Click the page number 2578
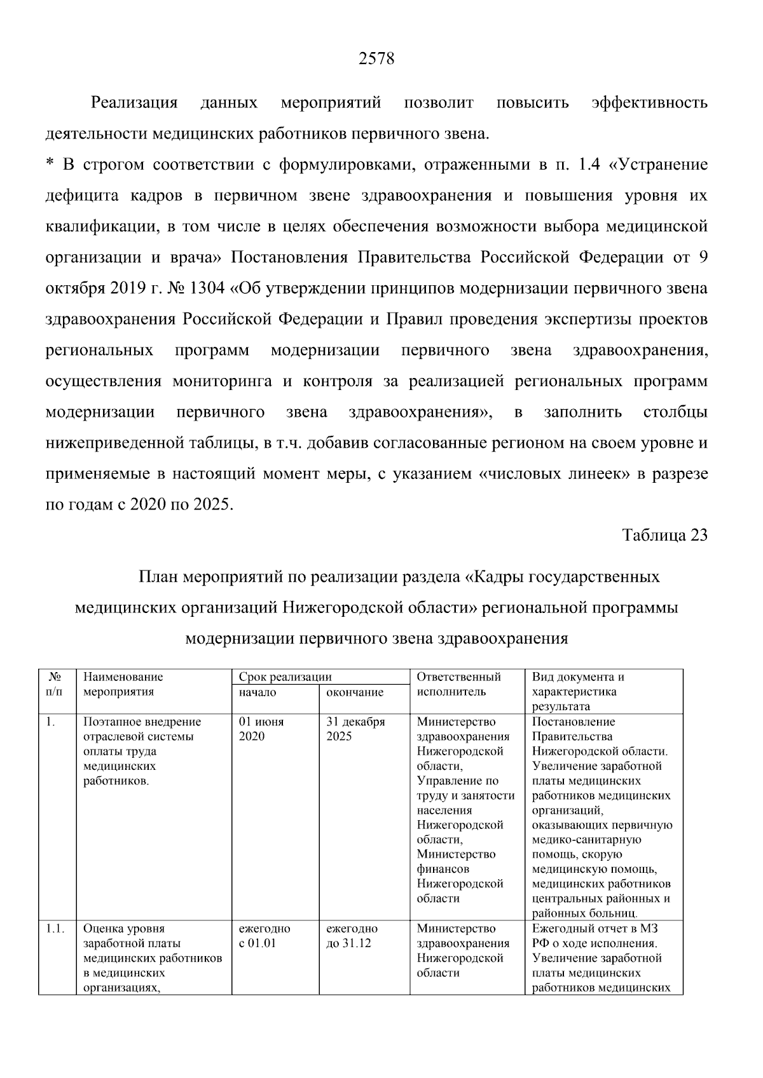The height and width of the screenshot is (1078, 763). coord(376,59)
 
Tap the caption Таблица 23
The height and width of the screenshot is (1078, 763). coord(664,535)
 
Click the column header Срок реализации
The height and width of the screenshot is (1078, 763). coord(285,677)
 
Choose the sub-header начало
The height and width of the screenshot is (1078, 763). coord(258,692)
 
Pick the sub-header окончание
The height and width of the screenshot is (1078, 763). coord(355,692)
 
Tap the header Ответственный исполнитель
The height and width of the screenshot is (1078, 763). coord(459,684)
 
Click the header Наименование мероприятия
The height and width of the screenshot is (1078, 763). coord(123,684)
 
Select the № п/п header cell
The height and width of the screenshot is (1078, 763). coord(55,684)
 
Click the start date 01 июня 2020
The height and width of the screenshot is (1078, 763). coord(261,729)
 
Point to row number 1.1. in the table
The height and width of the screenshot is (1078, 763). coord(55,929)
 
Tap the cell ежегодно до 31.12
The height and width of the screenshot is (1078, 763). coord(352,936)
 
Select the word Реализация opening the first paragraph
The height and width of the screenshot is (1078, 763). coord(134,103)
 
